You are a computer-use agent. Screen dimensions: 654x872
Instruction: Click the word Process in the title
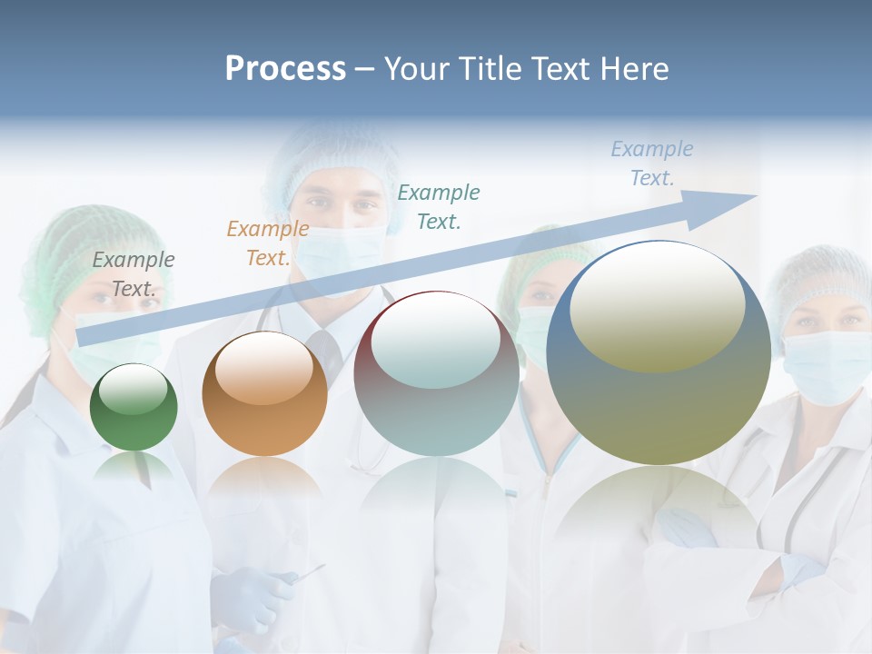285,69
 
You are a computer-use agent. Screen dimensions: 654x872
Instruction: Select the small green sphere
134,407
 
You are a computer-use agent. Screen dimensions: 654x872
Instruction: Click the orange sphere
264,394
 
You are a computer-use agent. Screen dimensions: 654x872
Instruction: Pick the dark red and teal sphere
436,374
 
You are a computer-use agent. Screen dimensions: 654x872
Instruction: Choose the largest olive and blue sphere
659,354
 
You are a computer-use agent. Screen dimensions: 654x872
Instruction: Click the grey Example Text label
134,273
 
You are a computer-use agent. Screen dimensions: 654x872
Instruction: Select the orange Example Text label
268,243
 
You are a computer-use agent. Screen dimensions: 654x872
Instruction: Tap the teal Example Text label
439,206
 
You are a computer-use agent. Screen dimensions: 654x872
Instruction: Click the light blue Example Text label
652,163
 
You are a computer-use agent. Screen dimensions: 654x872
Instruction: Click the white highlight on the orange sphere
263,365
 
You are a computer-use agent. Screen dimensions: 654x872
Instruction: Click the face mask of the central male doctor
341,250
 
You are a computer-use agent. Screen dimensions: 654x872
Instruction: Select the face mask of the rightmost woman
827,365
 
